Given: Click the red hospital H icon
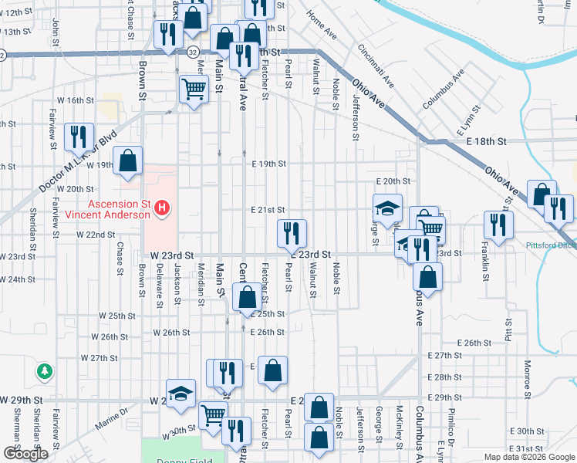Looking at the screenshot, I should coord(162,207).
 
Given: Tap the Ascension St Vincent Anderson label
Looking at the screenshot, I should coord(107,209).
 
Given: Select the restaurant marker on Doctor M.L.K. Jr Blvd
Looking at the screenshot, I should coord(79,137).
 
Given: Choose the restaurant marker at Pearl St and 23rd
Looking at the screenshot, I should coord(292,232).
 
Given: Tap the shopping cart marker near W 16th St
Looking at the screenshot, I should coord(194,88).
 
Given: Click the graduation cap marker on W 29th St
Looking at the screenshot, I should coord(181,393).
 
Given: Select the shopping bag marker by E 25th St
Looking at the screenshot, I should coord(247,297).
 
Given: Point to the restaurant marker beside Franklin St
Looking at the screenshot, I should coord(498,225).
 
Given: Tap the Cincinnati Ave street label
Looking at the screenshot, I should coord(376,65).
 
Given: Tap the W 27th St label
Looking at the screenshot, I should coord(109,359).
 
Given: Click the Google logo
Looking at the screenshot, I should coord(25,454).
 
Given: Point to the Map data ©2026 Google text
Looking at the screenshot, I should coord(528,457).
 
